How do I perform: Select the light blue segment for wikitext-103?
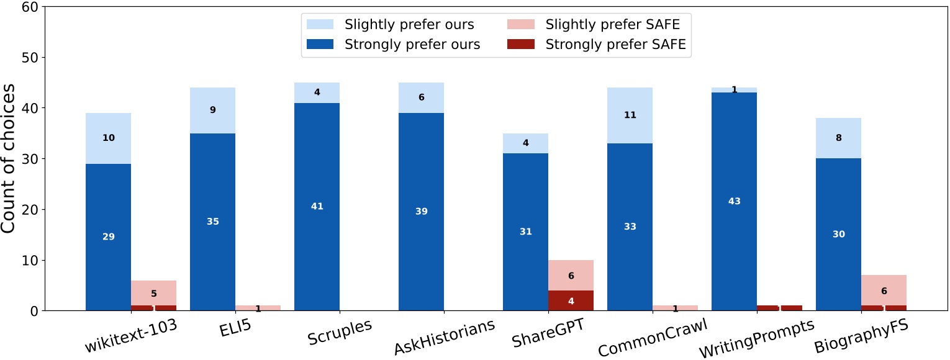coord(109,138)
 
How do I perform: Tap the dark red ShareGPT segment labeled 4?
coord(571,300)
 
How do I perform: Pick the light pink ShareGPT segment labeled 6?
coord(571,275)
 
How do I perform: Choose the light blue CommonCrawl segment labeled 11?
coord(630,115)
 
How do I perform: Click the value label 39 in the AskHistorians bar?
coord(421,212)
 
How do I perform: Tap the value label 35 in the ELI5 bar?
coord(212,222)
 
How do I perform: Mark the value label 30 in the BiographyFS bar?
coord(838,234)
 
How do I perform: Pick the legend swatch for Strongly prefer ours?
coord(320,45)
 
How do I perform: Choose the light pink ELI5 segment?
coord(258,308)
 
